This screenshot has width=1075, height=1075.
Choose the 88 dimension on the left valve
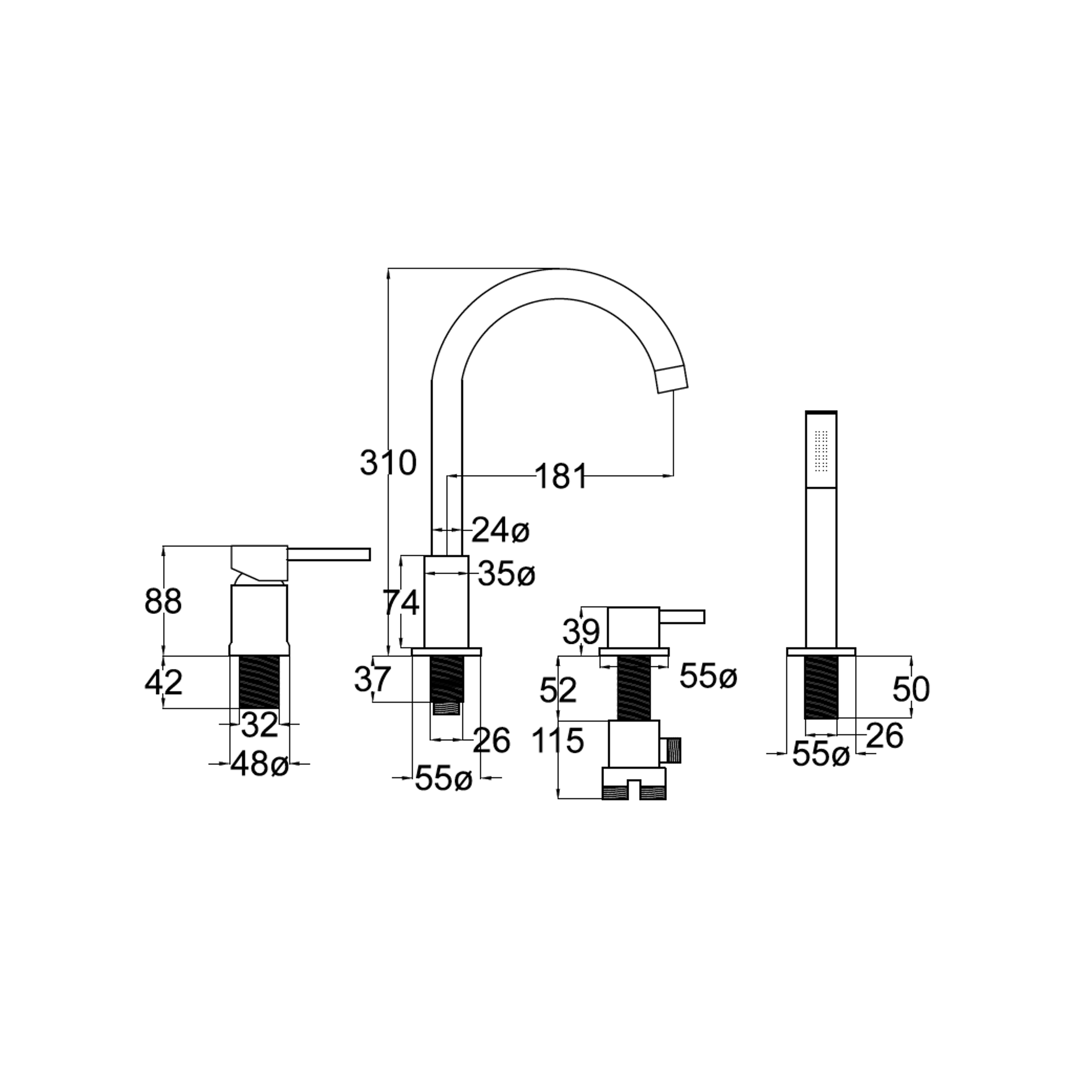[x=163, y=602]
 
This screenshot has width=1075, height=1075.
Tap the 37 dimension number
[x=373, y=680]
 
